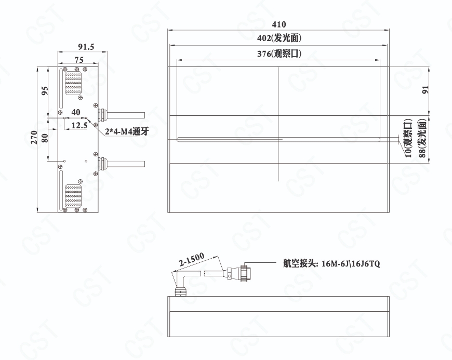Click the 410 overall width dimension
click(x=279, y=24)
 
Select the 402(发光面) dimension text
click(x=279, y=38)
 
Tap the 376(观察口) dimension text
click(x=279, y=54)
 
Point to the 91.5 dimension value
click(x=86, y=47)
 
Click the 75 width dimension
click(x=79, y=60)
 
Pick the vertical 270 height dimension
click(x=34, y=137)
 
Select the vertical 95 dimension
click(x=45, y=91)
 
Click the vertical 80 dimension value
click(x=45, y=138)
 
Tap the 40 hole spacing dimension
click(x=75, y=112)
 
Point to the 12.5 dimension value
click(x=79, y=125)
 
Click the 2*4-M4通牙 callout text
click(x=127, y=131)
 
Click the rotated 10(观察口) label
click(x=408, y=138)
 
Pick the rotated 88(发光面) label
click(x=422, y=138)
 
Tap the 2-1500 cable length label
click(x=191, y=259)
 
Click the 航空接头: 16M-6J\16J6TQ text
click(x=331, y=263)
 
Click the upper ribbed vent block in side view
click(x=73, y=83)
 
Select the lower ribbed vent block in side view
click(x=73, y=196)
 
